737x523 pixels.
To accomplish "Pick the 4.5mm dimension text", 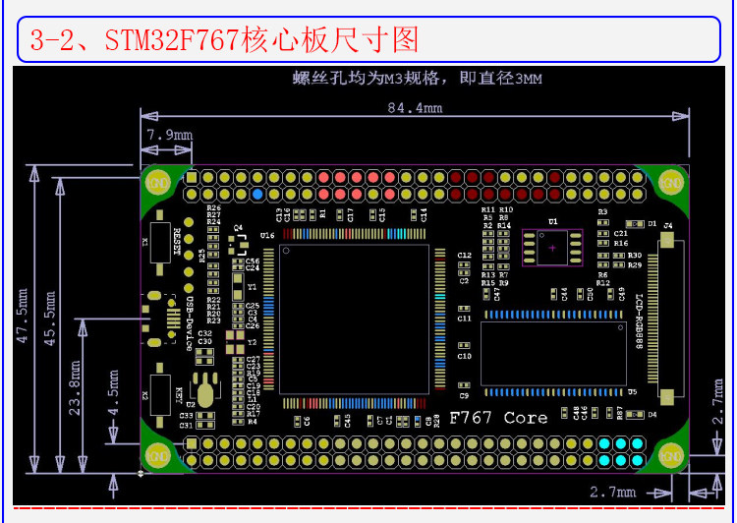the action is (x=114, y=394).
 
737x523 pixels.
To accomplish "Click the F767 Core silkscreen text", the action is (x=498, y=418).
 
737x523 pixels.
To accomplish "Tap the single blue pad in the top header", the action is (x=257, y=195).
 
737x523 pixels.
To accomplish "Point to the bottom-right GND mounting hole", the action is (x=671, y=455).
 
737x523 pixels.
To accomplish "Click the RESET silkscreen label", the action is (x=178, y=241).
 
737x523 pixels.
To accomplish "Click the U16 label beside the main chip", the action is (x=267, y=236).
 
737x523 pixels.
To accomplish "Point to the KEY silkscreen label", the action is (x=178, y=396).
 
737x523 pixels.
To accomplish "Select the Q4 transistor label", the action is (x=238, y=227).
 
